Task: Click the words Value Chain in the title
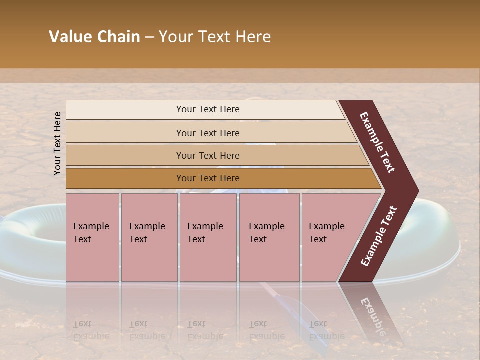(x=94, y=37)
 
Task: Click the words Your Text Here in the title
(x=215, y=37)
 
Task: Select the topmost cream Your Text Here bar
(x=208, y=109)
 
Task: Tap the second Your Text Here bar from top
(x=208, y=133)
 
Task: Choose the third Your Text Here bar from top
(x=208, y=155)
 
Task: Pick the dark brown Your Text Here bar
(x=208, y=178)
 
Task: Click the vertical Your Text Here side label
(x=58, y=143)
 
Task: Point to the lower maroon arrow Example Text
(x=379, y=236)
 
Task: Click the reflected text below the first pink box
(x=85, y=330)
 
